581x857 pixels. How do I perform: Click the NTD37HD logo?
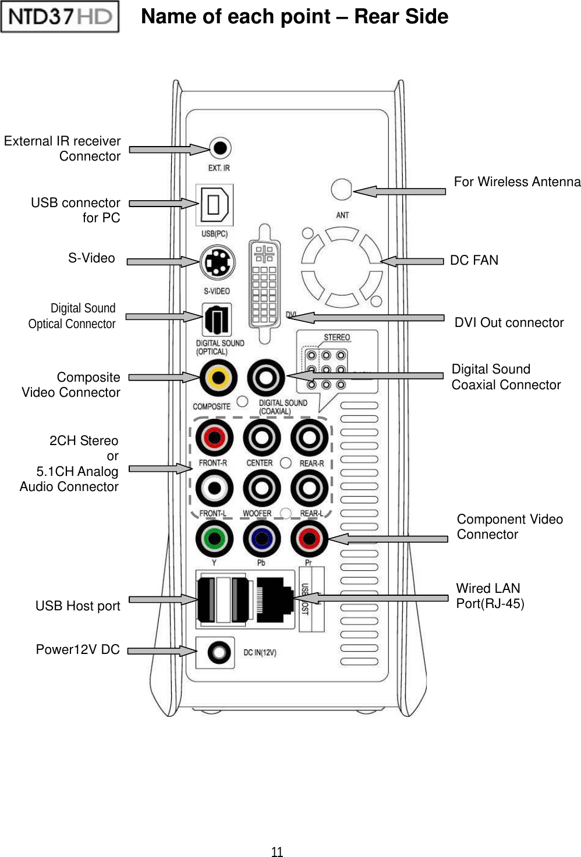(60, 16)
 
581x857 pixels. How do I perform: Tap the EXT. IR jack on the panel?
(219, 148)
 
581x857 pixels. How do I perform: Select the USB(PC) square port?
(214, 205)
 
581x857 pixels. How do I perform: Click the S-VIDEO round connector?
(217, 263)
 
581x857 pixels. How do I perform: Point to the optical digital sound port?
(217, 319)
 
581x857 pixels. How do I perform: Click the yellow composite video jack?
(218, 378)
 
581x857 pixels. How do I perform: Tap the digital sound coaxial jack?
(265, 378)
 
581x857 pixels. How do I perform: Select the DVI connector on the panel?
(264, 283)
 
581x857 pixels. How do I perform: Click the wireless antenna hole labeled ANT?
(341, 190)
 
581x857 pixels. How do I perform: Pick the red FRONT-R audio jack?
(214, 438)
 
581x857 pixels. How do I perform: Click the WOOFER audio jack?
(261, 489)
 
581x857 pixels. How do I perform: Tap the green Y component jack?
(214, 539)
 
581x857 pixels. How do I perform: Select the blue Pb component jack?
(261, 539)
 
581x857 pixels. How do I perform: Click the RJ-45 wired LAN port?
(274, 599)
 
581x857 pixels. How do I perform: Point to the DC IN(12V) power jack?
(219, 652)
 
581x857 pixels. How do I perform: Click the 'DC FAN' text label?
(474, 260)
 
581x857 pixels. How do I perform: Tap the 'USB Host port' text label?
(77, 606)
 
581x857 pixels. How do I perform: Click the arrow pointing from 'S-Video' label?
(163, 262)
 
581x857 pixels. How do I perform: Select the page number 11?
(277, 852)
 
